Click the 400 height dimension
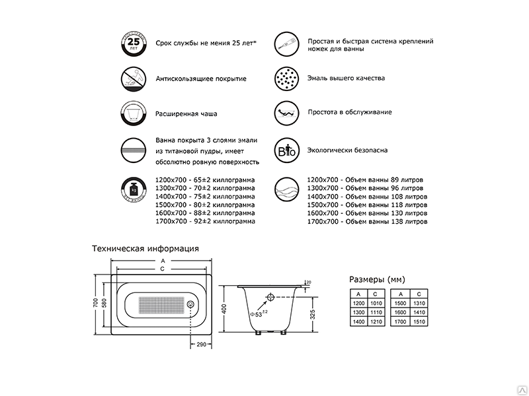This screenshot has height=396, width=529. coord(225,310)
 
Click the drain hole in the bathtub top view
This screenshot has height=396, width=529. coord(190,305)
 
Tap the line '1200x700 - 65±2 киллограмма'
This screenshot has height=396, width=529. coord(205,180)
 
